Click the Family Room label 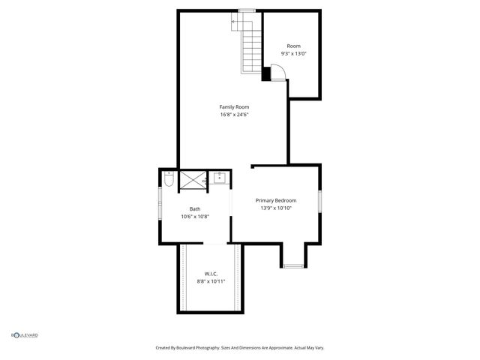[x=234, y=107]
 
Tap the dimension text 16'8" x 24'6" [x=234, y=115]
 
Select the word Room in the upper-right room [x=293, y=46]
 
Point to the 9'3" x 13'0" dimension [x=293, y=54]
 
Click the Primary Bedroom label [x=276, y=200]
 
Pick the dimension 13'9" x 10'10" [x=276, y=208]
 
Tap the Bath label [x=195, y=209]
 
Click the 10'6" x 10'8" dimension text [x=195, y=217]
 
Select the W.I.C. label [x=211, y=273]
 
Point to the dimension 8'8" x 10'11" [x=211, y=280]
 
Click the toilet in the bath [x=169, y=180]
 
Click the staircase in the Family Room [x=250, y=45]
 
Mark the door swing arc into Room [x=277, y=71]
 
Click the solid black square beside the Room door [x=266, y=73]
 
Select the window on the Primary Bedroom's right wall [x=320, y=202]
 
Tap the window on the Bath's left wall [x=160, y=205]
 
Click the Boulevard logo [x=24, y=335]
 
